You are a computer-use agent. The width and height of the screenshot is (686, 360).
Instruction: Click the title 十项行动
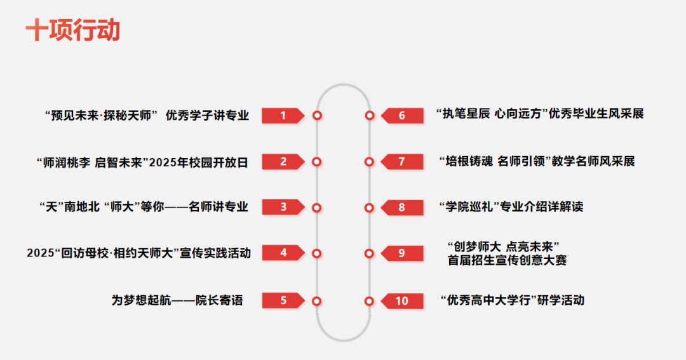[72, 30]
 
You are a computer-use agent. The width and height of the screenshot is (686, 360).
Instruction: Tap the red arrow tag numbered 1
[283, 116]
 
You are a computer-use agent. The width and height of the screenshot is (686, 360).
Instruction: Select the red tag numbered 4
[283, 253]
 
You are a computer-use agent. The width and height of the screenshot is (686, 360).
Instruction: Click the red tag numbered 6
[401, 116]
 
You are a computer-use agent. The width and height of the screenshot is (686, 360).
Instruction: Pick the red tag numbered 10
[401, 301]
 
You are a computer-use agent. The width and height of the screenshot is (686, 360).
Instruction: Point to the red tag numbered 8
[401, 208]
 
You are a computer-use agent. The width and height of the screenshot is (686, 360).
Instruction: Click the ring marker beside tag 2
[317, 162]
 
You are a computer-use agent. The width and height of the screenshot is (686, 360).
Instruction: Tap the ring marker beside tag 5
[317, 301]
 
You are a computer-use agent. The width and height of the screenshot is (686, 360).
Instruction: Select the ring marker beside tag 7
[369, 162]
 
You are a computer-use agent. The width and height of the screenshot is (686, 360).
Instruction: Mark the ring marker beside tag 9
[369, 253]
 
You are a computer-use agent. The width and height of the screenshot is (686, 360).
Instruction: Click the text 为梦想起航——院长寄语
[177, 300]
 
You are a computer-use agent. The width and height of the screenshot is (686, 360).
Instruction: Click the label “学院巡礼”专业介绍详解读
[511, 207]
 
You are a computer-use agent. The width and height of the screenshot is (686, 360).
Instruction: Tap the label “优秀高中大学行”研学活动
[512, 300]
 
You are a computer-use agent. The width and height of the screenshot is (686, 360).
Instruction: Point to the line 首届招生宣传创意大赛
[507, 260]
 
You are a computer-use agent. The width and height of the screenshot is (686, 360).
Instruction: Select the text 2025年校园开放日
[198, 162]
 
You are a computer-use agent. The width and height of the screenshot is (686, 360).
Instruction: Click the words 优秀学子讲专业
[207, 116]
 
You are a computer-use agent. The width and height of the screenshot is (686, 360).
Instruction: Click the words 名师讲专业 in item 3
[219, 207]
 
